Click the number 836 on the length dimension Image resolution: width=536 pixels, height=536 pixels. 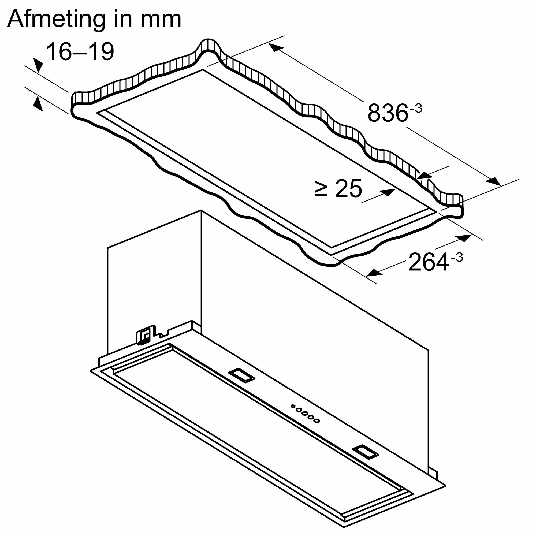[x=388, y=113]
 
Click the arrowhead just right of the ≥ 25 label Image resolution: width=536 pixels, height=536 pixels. [x=388, y=192]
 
